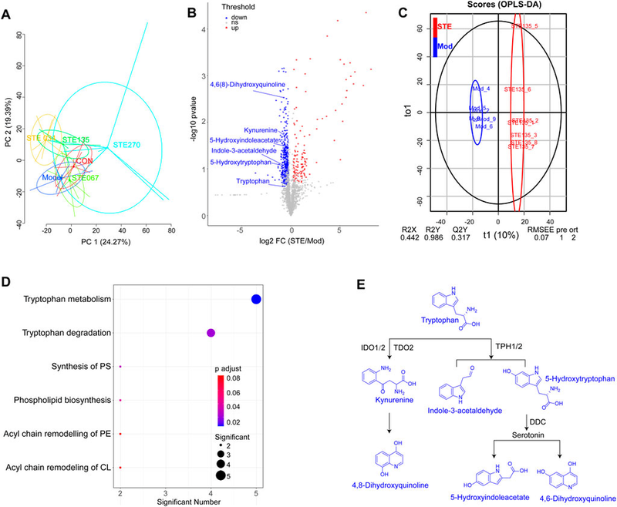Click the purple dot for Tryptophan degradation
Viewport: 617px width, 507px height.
211,333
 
